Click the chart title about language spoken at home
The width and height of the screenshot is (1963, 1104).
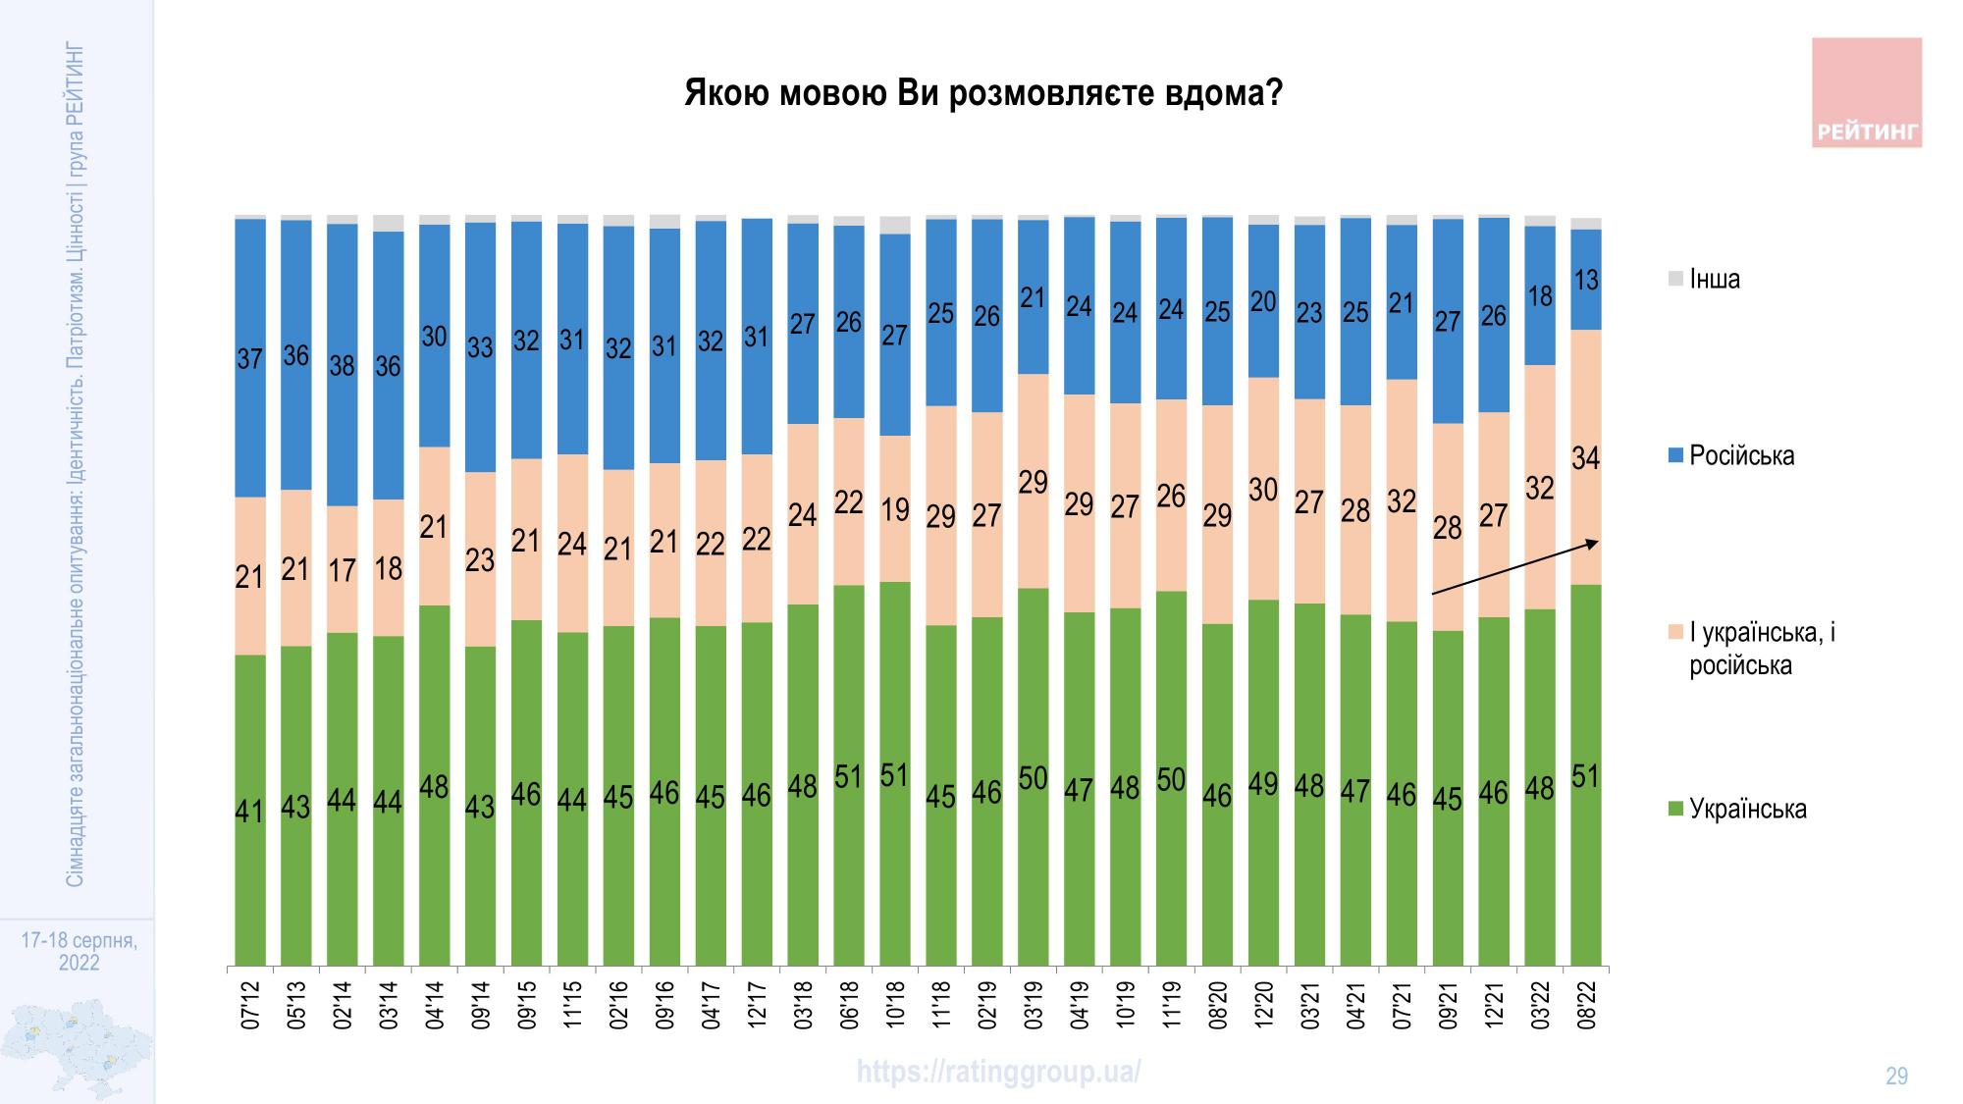pos(982,94)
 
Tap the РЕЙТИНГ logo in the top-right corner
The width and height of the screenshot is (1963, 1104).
pos(1866,93)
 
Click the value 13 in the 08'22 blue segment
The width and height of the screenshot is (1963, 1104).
pos(1586,281)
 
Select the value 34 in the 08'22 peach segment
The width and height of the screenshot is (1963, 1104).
pos(1586,458)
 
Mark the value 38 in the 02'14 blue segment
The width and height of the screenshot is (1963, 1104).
pos(342,366)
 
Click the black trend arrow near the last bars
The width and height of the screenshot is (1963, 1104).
pos(1516,567)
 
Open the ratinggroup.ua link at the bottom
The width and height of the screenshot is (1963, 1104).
pos(998,1072)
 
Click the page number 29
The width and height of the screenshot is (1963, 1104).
pos(1896,1077)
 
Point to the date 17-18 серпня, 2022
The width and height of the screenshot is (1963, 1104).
pos(79,952)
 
